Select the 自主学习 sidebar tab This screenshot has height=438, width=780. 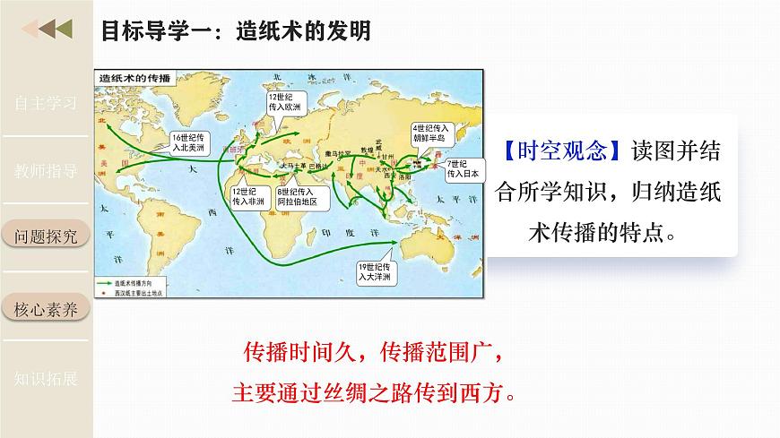pyautogui.click(x=46, y=102)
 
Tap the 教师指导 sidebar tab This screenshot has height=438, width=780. pyautogui.click(x=46, y=170)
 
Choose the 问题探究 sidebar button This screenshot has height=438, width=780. pyautogui.click(x=46, y=236)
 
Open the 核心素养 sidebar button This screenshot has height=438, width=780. pyautogui.click(x=46, y=310)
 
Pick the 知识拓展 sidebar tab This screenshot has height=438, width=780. pyautogui.click(x=46, y=378)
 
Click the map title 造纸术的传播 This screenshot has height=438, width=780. pyautogui.click(x=135, y=78)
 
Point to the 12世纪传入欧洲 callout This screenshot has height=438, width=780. pyautogui.click(x=287, y=101)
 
